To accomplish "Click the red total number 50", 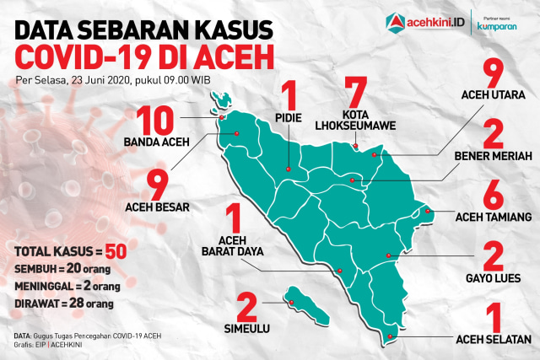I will point(116,251).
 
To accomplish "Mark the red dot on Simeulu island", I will point(290,302).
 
